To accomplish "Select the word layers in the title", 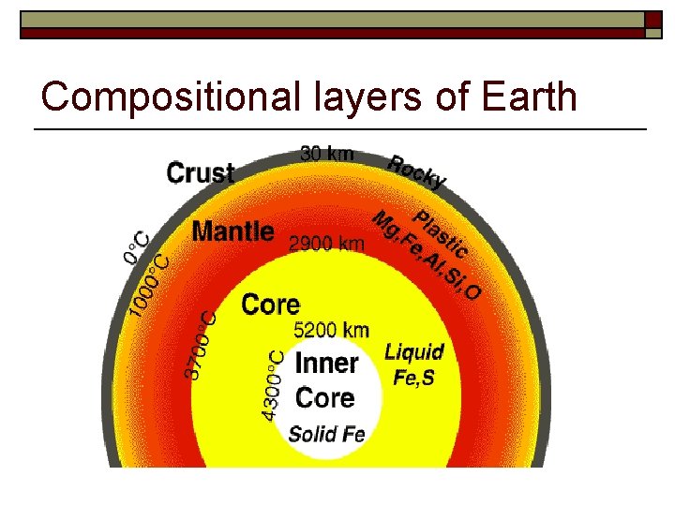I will (386, 97).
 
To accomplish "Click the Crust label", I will (200, 172).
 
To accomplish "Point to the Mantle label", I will (232, 231).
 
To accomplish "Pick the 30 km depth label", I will (327, 154).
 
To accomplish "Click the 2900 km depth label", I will (325, 245).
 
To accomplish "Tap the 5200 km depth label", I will (331, 329).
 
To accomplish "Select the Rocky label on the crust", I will (417, 171).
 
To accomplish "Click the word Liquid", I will (413, 352).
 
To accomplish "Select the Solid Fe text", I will (326, 434).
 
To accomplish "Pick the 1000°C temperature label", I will (150, 284).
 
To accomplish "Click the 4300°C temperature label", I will (273, 385).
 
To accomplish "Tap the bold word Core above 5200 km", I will (271, 305).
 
